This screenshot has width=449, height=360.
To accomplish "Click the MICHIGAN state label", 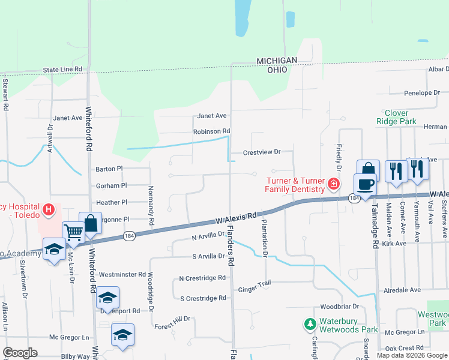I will pyautogui.click(x=277, y=61).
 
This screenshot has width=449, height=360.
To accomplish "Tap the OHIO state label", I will pyautogui.click(x=277, y=70).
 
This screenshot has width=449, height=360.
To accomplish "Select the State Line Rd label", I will pyautogui.click(x=62, y=70).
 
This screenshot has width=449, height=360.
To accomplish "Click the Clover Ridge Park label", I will pyautogui.click(x=396, y=117).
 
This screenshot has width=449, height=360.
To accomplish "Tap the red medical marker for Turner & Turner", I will pyautogui.click(x=332, y=183).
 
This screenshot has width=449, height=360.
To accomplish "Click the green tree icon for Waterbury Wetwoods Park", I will pyautogui.click(x=310, y=325).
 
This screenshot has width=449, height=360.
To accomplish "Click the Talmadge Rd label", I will pyautogui.click(x=374, y=219).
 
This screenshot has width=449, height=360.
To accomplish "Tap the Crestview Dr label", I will pyautogui.click(x=261, y=152).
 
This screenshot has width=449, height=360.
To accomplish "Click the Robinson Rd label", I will pyautogui.click(x=211, y=131).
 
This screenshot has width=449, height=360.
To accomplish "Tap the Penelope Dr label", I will pyautogui.click(x=421, y=93).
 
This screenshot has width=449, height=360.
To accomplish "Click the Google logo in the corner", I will pyautogui.click(x=19, y=353).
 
